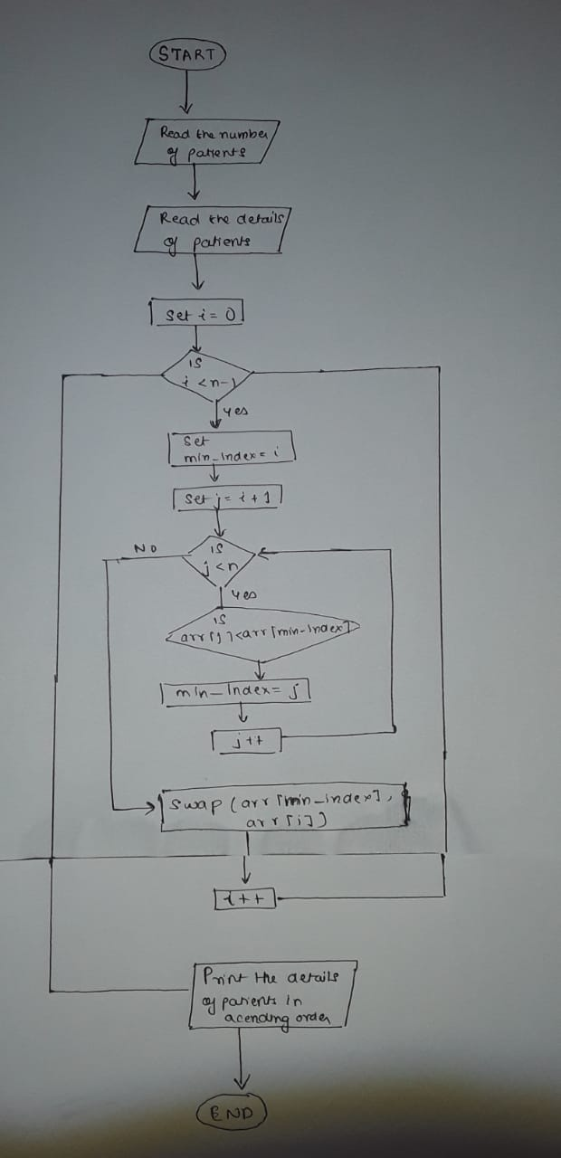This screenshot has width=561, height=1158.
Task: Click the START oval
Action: coord(187,53)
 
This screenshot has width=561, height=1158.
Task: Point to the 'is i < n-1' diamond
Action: coord(206,374)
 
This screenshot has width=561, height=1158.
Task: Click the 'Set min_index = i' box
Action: coord(232,449)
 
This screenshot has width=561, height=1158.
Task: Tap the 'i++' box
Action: coord(244,898)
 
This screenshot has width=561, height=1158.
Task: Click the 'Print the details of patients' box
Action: coord(271,995)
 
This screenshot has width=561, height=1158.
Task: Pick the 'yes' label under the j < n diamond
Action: coord(243,595)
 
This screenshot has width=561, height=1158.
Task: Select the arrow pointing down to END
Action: coord(241,1058)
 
